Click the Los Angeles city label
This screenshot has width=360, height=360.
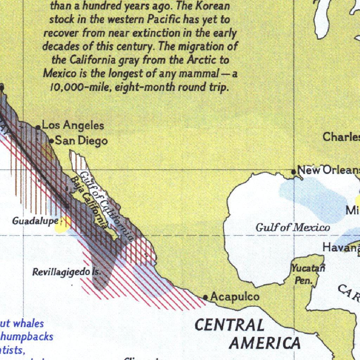[x=73, y=126]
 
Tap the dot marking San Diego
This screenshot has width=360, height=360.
[x=51, y=141]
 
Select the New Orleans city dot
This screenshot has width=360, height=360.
[x=294, y=172]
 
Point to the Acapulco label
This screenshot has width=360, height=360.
[x=235, y=297]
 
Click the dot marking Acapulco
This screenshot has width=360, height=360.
[x=206, y=297]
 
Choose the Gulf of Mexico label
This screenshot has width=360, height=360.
[x=292, y=227]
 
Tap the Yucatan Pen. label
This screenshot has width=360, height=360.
[x=307, y=274]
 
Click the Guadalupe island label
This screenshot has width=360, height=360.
[x=35, y=221]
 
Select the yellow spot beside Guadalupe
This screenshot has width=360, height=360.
[x=63, y=224]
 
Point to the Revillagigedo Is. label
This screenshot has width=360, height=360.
[x=67, y=272]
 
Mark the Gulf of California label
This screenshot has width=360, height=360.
[x=106, y=206]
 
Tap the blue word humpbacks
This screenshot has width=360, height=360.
[x=27, y=336]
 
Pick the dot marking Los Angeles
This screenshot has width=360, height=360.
[x=38, y=127]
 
